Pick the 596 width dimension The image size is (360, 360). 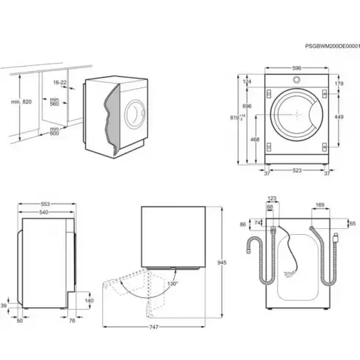tap(296, 69)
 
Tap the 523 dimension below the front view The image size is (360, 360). tap(296, 171)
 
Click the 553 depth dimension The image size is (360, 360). tap(46, 204)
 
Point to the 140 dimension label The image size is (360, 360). tap(89, 301)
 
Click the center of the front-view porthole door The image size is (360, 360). tap(296, 113)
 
